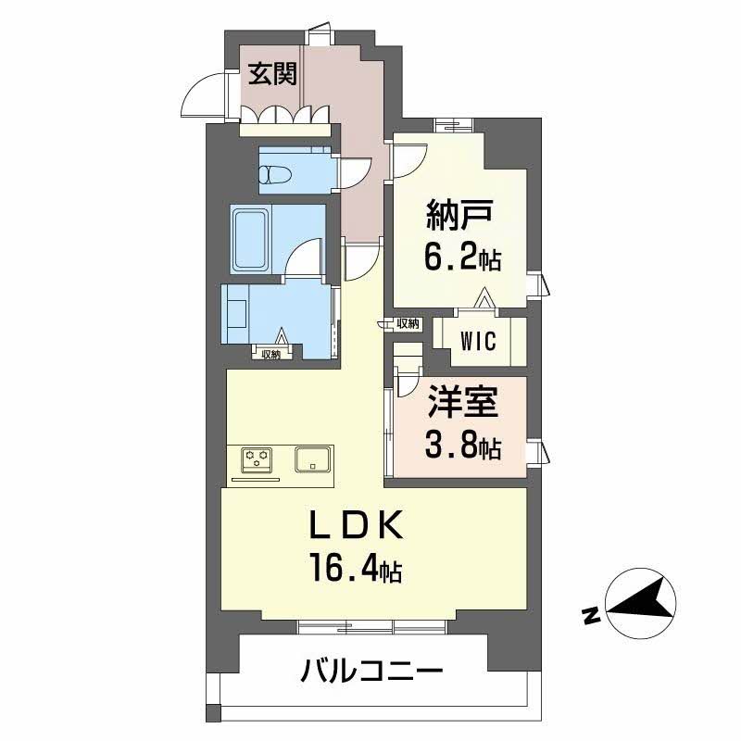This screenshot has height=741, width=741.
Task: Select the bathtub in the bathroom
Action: pos(250,238)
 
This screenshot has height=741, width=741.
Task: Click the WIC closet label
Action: pos(479,340)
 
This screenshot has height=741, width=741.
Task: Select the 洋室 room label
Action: pos(462,405)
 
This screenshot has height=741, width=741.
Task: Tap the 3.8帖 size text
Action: pos(462,448)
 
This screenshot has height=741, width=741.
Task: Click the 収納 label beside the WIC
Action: pos(408,323)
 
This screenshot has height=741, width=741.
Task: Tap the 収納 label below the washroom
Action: pos(270,354)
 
